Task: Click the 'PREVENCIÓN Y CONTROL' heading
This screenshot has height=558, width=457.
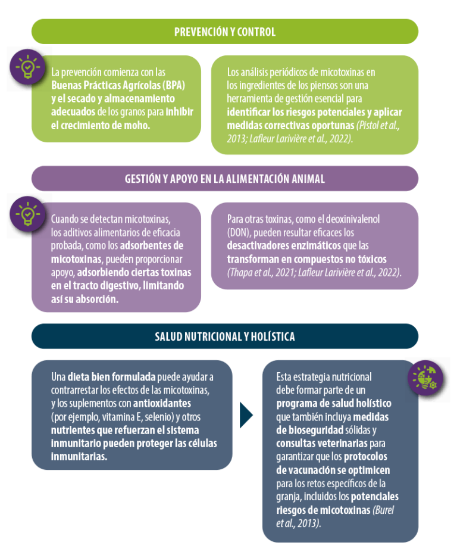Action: [225, 32]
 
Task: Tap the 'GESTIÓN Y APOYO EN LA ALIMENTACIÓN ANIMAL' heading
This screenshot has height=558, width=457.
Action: [225, 179]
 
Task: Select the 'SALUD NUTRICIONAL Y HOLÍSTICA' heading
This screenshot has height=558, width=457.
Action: [225, 336]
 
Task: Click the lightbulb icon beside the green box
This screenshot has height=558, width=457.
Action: [27, 67]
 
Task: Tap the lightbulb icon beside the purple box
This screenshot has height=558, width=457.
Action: [27, 214]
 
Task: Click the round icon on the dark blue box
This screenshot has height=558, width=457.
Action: [425, 378]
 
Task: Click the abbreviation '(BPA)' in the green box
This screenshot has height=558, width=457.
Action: [174, 85]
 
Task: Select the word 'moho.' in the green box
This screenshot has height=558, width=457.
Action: [137, 125]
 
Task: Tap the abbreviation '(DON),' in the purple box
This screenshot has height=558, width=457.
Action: [239, 233]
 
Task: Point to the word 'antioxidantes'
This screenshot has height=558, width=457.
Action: [162, 403]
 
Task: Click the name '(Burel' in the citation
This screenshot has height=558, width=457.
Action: [383, 510]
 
